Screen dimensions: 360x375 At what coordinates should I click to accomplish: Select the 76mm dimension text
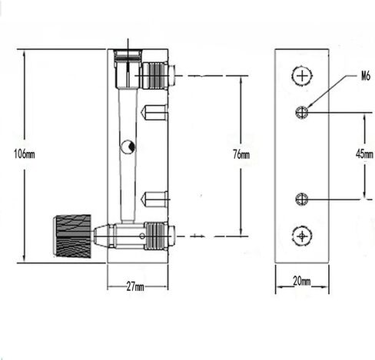coord(241,154)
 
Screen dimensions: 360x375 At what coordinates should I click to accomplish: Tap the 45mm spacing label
coord(363,154)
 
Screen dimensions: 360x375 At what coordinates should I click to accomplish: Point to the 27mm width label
coord(136,286)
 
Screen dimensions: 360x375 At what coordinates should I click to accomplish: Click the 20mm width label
coord(300,282)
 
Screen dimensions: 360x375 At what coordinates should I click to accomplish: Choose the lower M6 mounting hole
coord(302,200)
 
